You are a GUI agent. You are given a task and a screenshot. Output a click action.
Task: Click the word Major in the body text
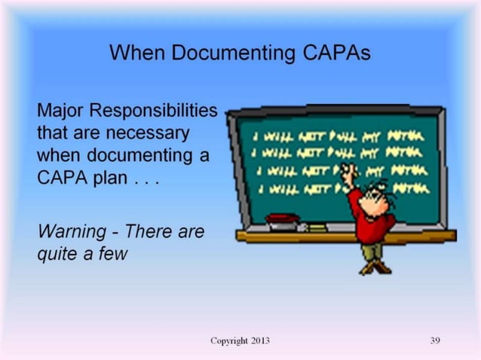click(60, 112)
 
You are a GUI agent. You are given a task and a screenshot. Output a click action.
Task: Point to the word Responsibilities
click(152, 112)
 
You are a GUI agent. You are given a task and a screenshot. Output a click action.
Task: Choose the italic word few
click(112, 254)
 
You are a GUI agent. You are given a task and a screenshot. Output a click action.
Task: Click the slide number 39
click(434, 341)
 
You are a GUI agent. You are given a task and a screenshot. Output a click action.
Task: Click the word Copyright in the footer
click(228, 341)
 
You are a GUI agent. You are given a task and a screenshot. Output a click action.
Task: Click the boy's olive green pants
click(372, 253)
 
